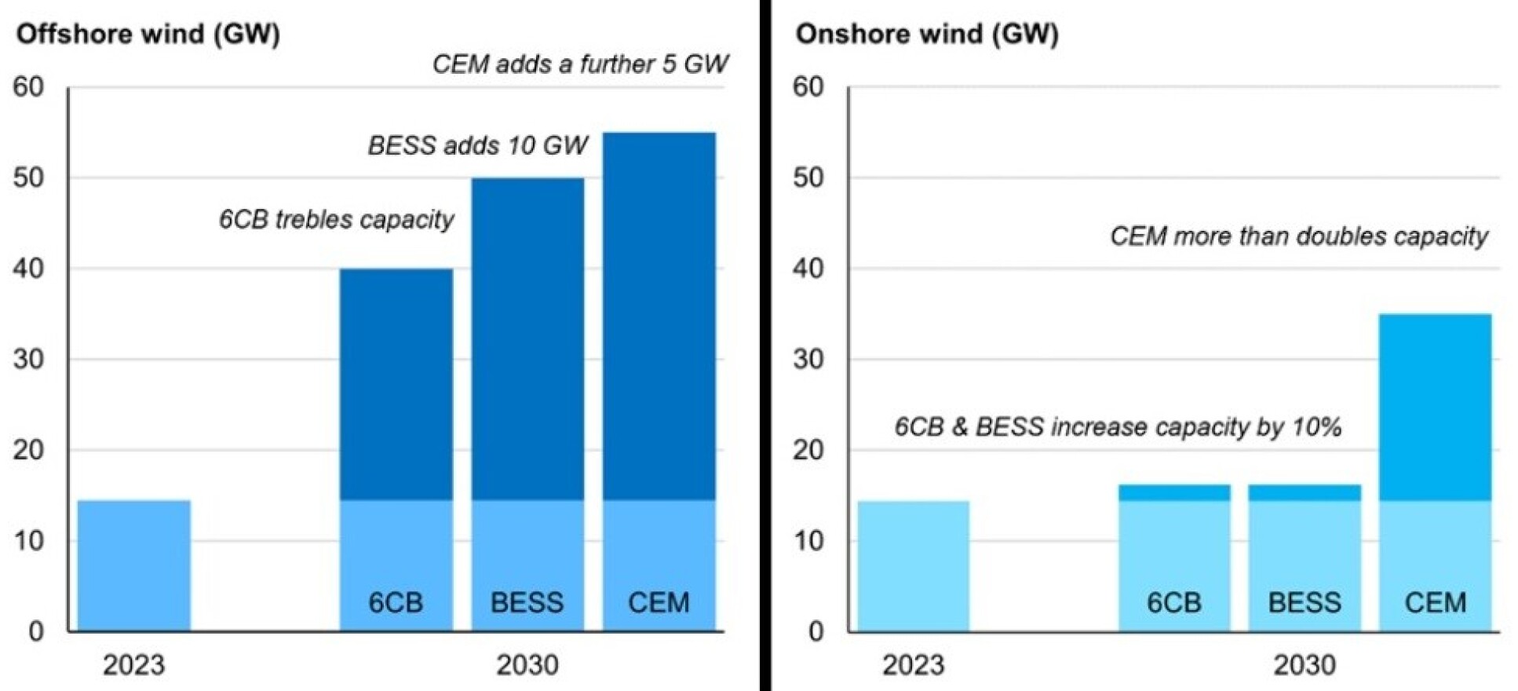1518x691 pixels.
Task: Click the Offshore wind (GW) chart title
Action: [x=148, y=34]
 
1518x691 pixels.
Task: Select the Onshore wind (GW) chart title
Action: [x=926, y=34]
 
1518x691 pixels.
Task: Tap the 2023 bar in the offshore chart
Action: [x=134, y=565]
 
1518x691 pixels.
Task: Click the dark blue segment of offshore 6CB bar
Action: [x=396, y=385]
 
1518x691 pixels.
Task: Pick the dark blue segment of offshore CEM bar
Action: [x=659, y=314]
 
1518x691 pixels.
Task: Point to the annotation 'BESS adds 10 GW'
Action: [x=477, y=145]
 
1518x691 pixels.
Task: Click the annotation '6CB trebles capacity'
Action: [x=336, y=219]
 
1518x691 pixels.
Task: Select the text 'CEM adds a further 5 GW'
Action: [x=580, y=64]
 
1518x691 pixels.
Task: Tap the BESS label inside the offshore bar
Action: [x=527, y=602]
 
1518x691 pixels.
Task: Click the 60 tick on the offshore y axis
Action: [x=29, y=87]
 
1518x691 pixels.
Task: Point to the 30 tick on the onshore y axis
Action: [x=808, y=360]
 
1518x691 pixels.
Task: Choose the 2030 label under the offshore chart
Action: [x=527, y=665]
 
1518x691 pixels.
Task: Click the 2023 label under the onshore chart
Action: [x=913, y=665]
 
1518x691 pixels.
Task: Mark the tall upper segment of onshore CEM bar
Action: [x=1435, y=407]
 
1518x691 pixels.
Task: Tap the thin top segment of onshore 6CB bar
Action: [x=1174, y=492]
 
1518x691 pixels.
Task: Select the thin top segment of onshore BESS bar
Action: [x=1305, y=492]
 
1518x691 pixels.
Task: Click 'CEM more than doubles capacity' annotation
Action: [x=1298, y=236]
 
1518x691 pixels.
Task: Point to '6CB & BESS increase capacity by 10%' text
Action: [x=1118, y=427]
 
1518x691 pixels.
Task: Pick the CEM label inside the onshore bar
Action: [x=1435, y=602]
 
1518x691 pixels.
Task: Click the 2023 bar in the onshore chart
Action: [x=913, y=565]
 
